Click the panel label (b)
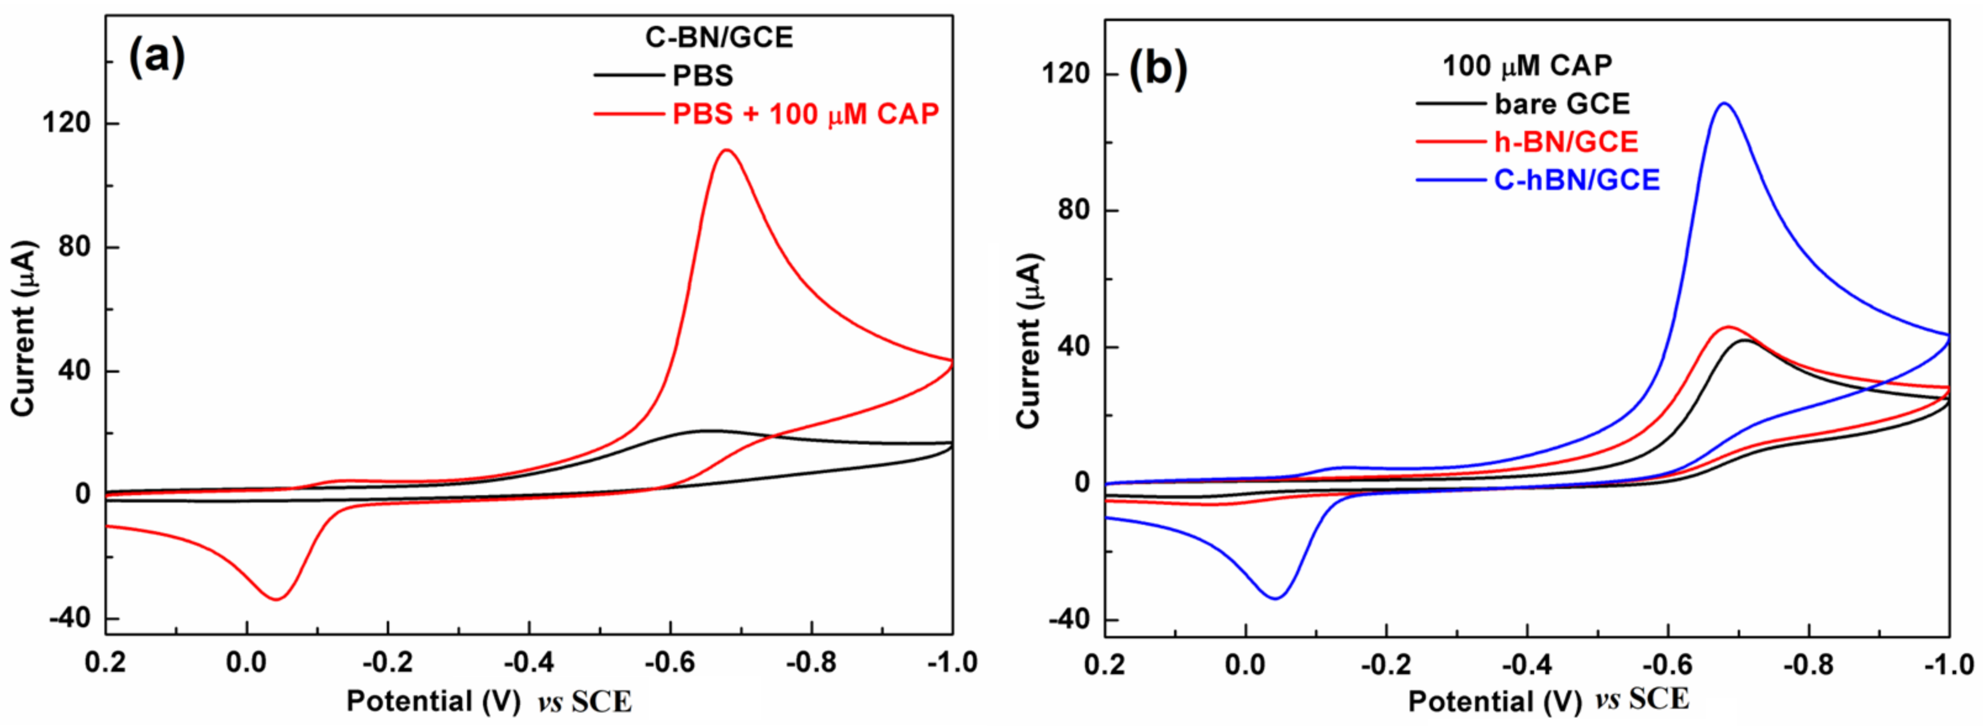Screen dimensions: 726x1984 pos(1157,69)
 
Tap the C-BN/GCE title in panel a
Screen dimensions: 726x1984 pos(719,37)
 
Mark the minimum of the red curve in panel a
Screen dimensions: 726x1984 pos(276,599)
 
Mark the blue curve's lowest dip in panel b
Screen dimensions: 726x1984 pos(1275,598)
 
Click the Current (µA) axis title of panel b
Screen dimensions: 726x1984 pos(1030,341)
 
